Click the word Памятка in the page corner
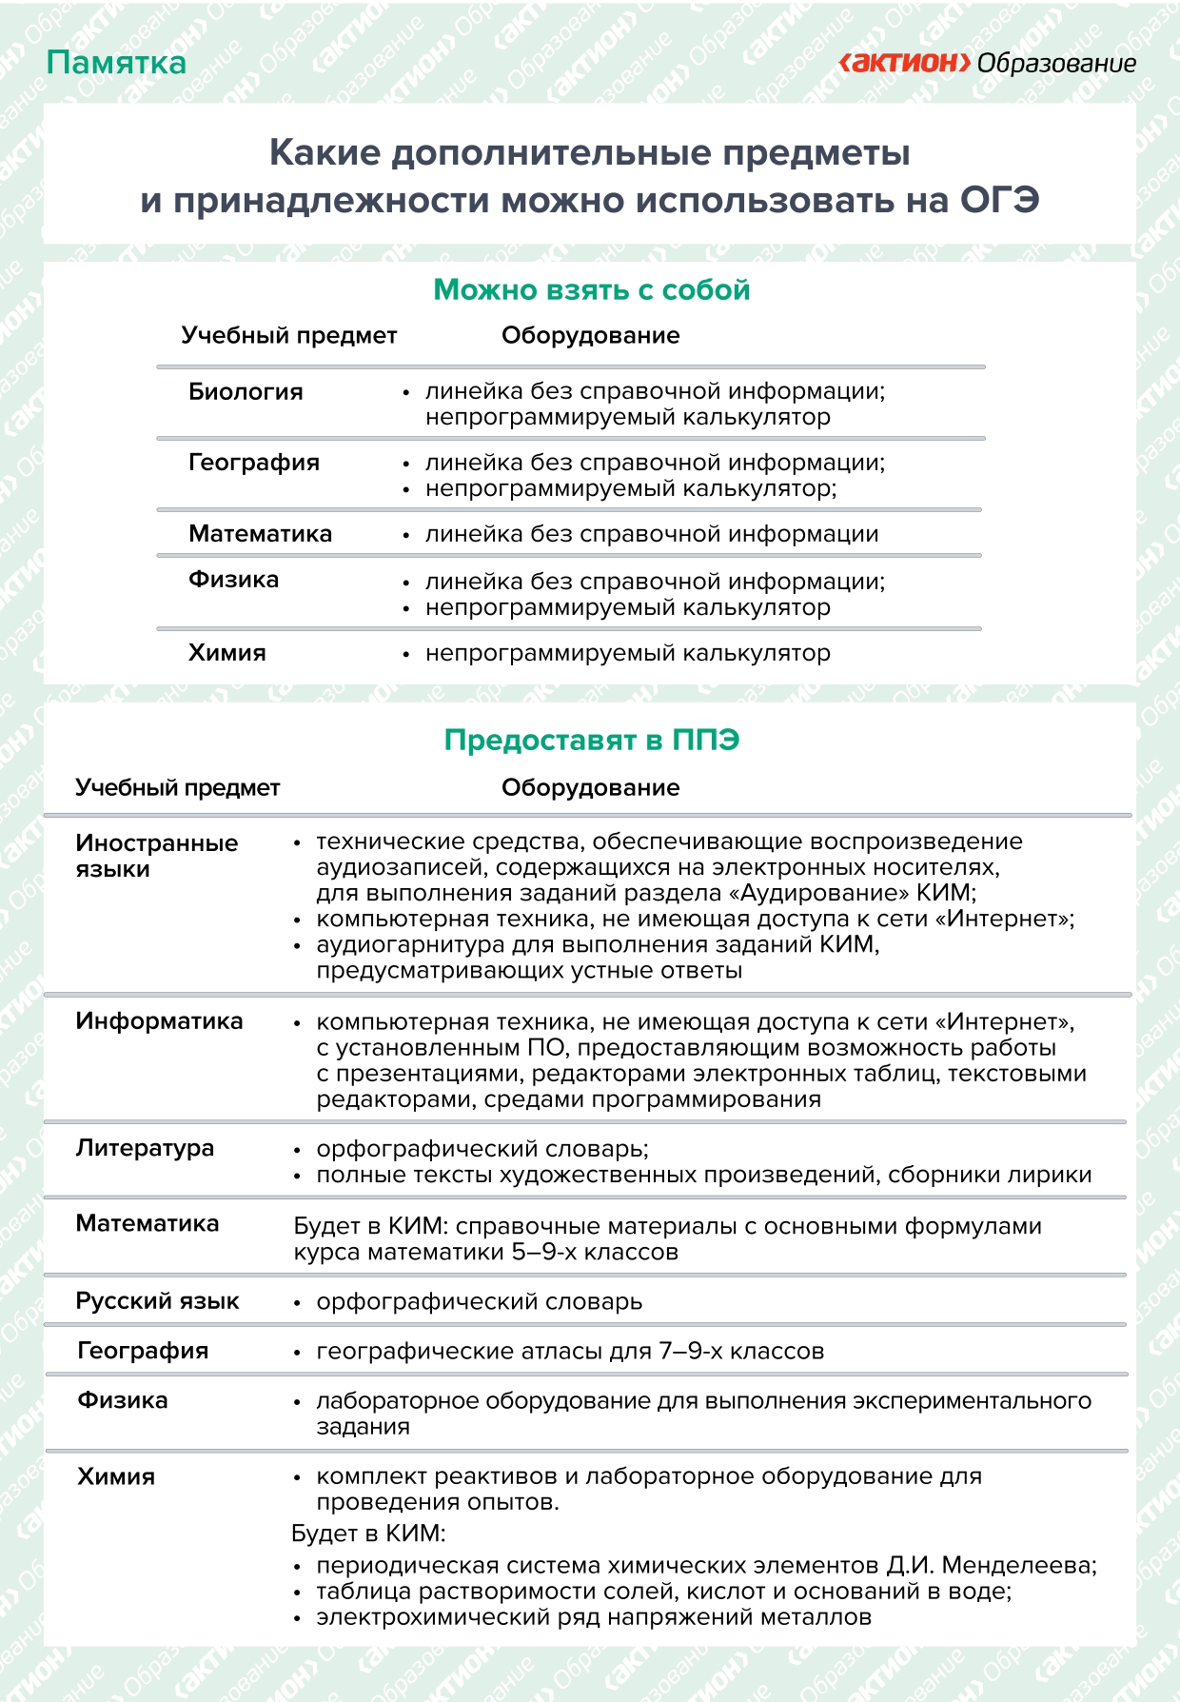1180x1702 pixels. (x=116, y=63)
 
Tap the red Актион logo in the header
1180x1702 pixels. (x=904, y=63)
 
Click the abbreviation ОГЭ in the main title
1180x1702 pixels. (x=999, y=201)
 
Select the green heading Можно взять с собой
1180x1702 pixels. (x=591, y=289)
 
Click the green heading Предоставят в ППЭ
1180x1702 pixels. (x=591, y=740)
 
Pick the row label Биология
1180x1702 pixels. (x=246, y=391)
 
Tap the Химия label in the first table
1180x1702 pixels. (x=226, y=653)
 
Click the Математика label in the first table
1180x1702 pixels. (x=260, y=534)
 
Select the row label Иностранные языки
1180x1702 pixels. (x=156, y=856)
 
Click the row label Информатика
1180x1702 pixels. (x=159, y=1021)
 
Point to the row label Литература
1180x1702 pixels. (x=145, y=1148)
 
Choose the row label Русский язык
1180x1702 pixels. (x=157, y=1301)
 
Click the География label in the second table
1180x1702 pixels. (x=143, y=1351)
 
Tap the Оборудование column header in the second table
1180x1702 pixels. (x=590, y=788)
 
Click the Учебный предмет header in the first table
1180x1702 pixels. (x=288, y=336)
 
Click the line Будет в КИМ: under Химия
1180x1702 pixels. (x=368, y=1534)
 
